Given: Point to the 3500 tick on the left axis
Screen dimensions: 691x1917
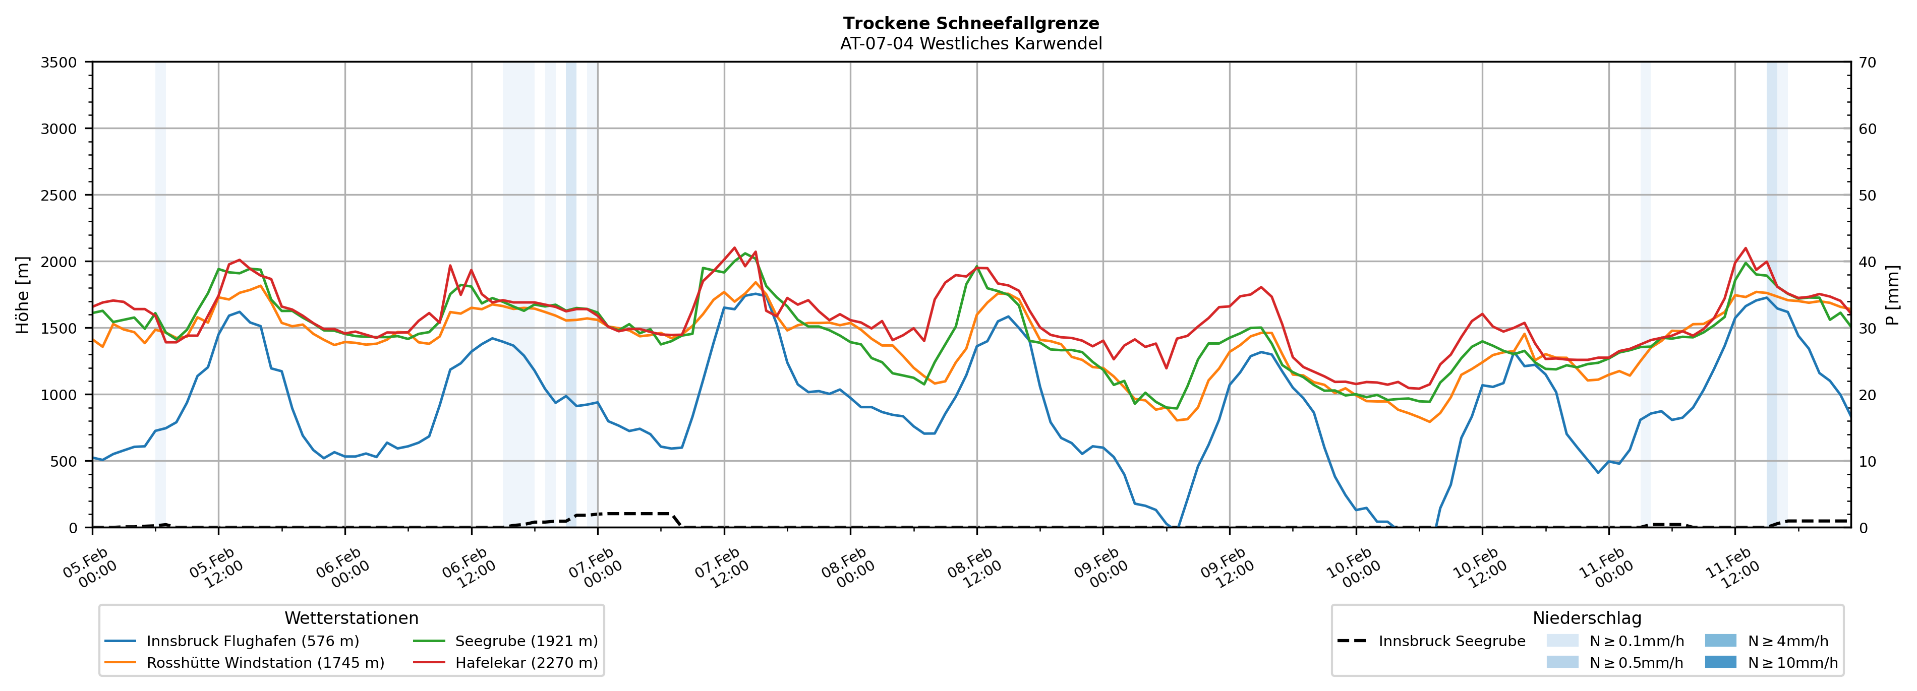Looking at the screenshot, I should tap(59, 62).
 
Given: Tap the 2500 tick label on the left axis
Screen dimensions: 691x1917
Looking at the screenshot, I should tap(59, 196).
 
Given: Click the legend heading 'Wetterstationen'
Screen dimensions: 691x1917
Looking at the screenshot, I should tap(351, 618).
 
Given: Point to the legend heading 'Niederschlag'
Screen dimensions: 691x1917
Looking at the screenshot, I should tap(1587, 618).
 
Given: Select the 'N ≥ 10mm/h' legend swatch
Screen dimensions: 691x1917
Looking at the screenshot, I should tap(1720, 662).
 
